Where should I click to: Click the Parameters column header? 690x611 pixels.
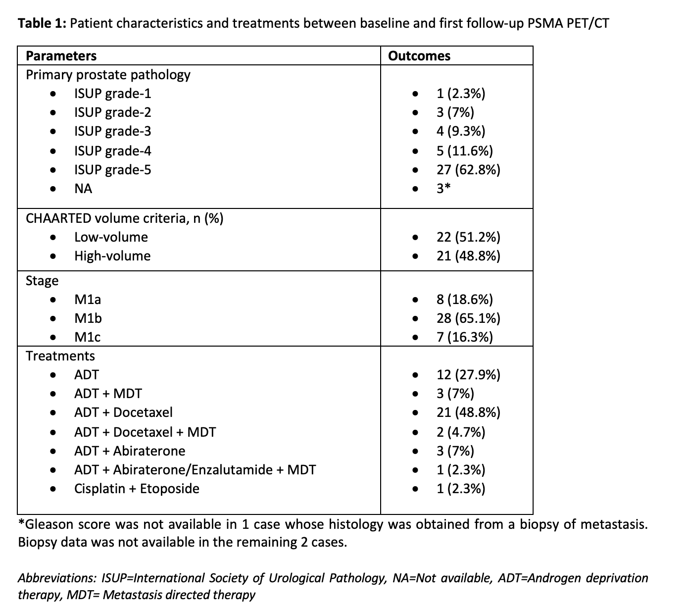61,56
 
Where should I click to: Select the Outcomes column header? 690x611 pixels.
419,56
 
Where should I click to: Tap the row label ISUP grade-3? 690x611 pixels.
112,131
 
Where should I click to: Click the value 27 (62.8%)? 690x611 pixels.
468,170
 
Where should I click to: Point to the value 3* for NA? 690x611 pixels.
443,189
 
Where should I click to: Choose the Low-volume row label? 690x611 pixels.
111,237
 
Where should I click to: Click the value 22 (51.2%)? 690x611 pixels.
468,237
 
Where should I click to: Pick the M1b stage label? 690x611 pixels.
88,318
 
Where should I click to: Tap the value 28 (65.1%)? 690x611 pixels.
468,318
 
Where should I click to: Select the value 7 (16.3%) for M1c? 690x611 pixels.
464,337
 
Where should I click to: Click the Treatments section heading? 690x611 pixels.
60,356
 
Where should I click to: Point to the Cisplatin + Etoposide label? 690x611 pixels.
137,489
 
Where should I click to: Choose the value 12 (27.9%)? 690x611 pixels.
468,375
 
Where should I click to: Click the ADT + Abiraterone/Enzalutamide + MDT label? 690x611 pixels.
195,470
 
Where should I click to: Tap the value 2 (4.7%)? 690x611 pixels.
461,432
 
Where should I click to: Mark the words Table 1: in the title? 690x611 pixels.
42,23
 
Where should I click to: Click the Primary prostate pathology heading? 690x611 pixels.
108,75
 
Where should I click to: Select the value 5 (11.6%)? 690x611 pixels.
464,151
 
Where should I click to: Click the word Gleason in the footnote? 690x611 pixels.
48,524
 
